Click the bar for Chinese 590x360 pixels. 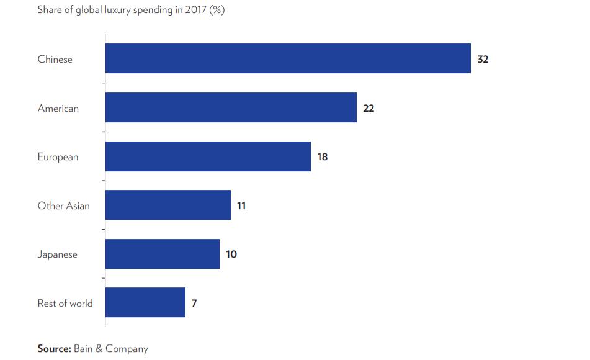[x=288, y=58]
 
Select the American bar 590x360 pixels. [x=231, y=107]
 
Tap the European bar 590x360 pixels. [x=208, y=156]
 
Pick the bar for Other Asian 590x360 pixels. [x=168, y=205]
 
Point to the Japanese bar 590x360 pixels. [x=162, y=254]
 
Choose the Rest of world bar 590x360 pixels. [x=145, y=302]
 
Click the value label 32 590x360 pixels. [x=483, y=60]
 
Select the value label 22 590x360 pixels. [x=369, y=108]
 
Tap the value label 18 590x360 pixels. [x=323, y=157]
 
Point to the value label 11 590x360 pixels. [x=241, y=205]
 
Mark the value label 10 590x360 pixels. [x=231, y=254]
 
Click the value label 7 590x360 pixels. [x=194, y=303]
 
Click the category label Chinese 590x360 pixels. [x=55, y=60]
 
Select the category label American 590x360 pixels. [x=58, y=108]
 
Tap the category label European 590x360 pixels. [x=58, y=157]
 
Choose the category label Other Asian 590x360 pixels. [x=63, y=205]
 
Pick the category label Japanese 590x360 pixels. [x=58, y=254]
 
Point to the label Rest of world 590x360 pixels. [x=65, y=303]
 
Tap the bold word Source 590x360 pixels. [x=54, y=348]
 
